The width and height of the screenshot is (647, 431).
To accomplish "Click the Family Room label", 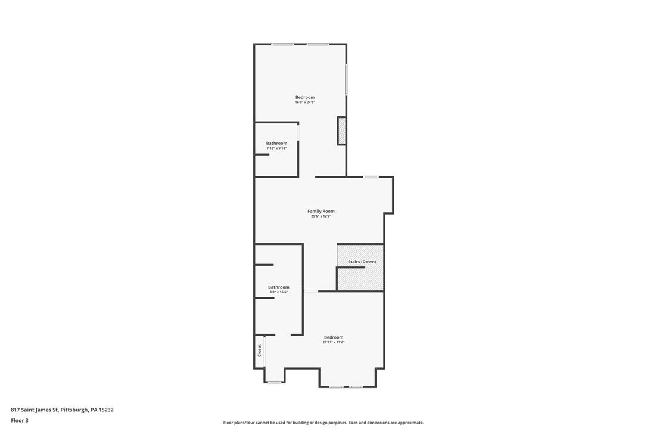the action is pyautogui.click(x=321, y=212).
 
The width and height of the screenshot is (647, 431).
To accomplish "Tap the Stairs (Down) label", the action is pyautogui.click(x=362, y=262).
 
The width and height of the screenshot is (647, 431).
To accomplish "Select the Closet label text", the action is pyautogui.click(x=260, y=351).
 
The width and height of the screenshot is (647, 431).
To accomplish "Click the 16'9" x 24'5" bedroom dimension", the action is pyautogui.click(x=305, y=103).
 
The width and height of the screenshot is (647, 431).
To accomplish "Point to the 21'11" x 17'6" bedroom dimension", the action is pyautogui.click(x=334, y=342).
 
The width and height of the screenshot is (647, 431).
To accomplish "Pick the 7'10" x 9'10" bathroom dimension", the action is pyautogui.click(x=276, y=148).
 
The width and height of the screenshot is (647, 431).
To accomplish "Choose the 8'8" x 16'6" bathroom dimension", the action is pyautogui.click(x=279, y=292).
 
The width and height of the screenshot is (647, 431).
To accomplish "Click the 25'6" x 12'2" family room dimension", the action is pyautogui.click(x=321, y=216).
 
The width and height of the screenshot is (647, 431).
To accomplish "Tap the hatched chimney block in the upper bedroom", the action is pyautogui.click(x=341, y=131).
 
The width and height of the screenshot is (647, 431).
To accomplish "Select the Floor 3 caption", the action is pyautogui.click(x=20, y=421).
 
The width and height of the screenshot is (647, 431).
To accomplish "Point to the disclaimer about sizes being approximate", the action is pyautogui.click(x=323, y=423).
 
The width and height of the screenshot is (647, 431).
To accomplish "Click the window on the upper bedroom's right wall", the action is pyautogui.click(x=346, y=79).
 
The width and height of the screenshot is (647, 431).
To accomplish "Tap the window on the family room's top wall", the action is pyautogui.click(x=371, y=177).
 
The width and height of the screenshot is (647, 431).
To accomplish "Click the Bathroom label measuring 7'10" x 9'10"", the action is pyautogui.click(x=276, y=143).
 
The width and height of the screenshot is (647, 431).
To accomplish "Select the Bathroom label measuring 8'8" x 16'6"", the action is pyautogui.click(x=279, y=287).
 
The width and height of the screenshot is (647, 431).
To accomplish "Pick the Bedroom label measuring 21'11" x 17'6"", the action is pyautogui.click(x=334, y=337).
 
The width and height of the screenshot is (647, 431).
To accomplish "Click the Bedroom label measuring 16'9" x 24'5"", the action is pyautogui.click(x=305, y=97).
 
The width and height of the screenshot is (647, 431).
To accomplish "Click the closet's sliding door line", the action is pyautogui.click(x=265, y=351).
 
